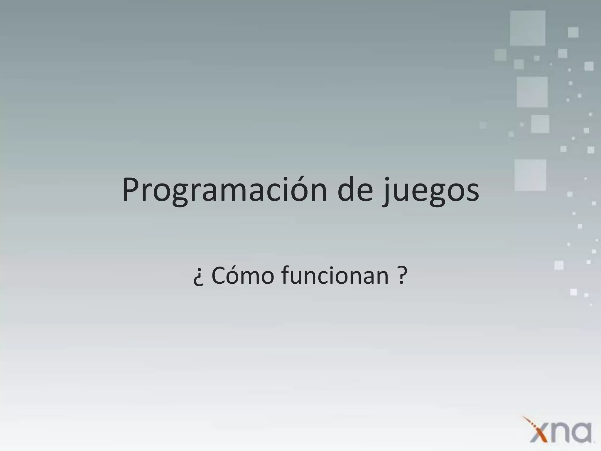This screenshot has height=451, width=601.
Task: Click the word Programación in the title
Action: pyautogui.click(x=224, y=190)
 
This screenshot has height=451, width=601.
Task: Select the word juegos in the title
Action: pyautogui.click(x=430, y=191)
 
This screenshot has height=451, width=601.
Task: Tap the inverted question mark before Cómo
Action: pyautogui.click(x=198, y=278)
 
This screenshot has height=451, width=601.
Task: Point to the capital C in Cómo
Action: pyautogui.click(x=218, y=276)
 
